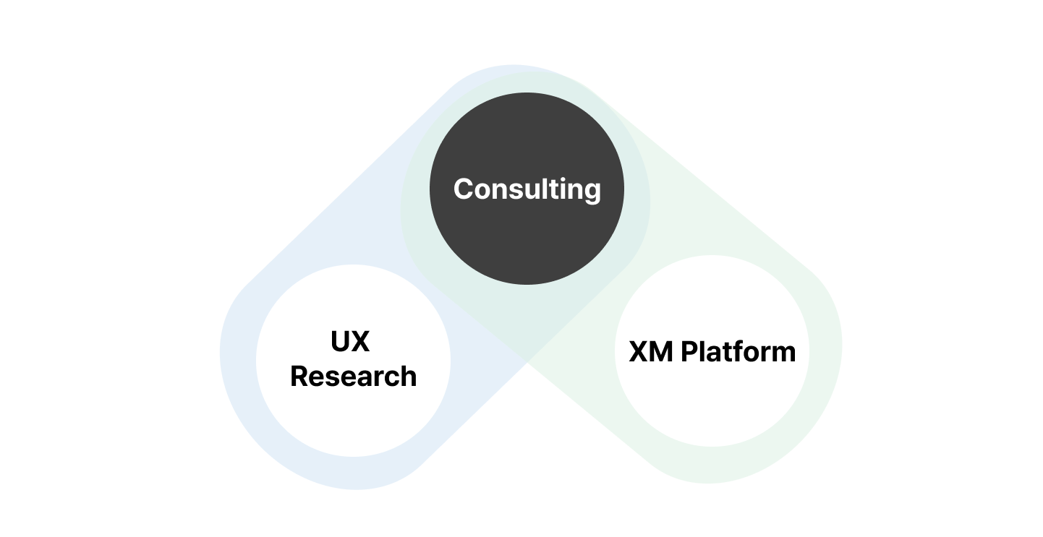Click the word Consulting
(x=527, y=189)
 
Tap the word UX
(x=350, y=341)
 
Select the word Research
(x=353, y=377)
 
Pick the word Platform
(x=738, y=352)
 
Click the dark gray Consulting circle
(x=527, y=239)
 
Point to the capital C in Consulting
(x=464, y=189)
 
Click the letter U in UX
(x=341, y=341)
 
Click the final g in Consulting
(x=592, y=192)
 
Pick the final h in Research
(x=408, y=377)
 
